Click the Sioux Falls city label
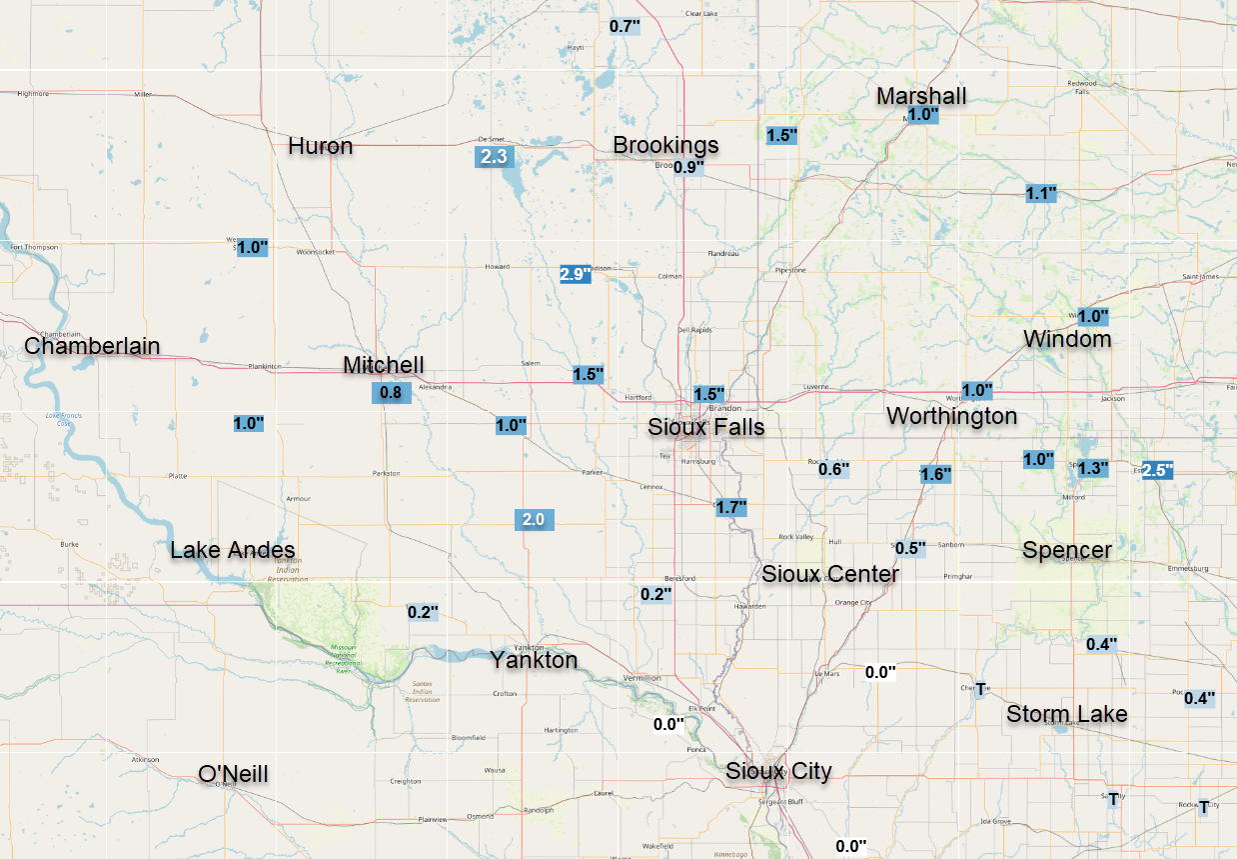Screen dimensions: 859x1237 click(x=705, y=428)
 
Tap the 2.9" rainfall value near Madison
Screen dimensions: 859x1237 click(x=575, y=274)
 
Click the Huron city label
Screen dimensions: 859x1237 click(x=320, y=146)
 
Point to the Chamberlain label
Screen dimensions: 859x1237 click(x=92, y=346)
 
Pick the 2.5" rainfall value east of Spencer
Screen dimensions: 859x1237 click(x=1157, y=470)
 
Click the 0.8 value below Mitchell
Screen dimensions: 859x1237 click(x=390, y=393)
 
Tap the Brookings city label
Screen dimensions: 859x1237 click(x=665, y=145)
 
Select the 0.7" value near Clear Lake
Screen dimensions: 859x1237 click(x=623, y=26)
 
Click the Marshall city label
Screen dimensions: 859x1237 click(x=921, y=96)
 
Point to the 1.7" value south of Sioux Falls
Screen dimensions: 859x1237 click(x=731, y=507)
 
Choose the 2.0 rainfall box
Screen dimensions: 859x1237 click(x=533, y=519)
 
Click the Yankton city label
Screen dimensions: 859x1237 click(x=534, y=660)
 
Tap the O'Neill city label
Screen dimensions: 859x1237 click(x=233, y=773)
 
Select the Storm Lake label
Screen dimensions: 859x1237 click(x=1067, y=714)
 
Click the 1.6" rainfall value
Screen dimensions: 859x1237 click(x=935, y=474)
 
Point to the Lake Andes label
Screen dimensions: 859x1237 click(x=233, y=550)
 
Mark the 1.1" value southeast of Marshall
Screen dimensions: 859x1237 click(x=1040, y=193)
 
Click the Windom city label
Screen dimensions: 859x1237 click(x=1067, y=339)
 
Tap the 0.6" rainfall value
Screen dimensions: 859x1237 click(x=833, y=469)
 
